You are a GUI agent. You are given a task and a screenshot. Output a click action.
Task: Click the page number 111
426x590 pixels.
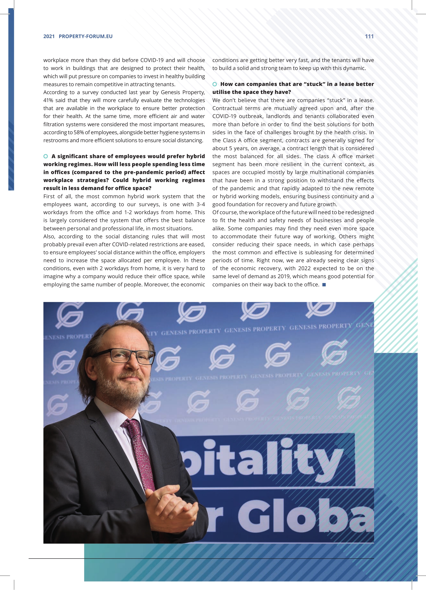coord(369,36)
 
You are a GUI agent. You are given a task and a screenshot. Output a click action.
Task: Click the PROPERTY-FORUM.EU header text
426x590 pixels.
coord(85,36)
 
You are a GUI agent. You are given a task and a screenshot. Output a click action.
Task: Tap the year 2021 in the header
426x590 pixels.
coord(49,36)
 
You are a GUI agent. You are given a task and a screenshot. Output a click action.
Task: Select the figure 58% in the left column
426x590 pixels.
coord(78,132)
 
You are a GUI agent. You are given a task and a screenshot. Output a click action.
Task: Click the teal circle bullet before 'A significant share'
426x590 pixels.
coord(46,156)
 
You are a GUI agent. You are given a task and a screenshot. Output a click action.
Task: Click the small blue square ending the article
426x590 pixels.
coord(324,285)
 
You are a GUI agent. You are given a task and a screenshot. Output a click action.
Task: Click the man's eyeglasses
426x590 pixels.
coord(132,356)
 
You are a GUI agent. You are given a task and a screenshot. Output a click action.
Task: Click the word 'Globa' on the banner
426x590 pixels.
coord(305,518)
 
